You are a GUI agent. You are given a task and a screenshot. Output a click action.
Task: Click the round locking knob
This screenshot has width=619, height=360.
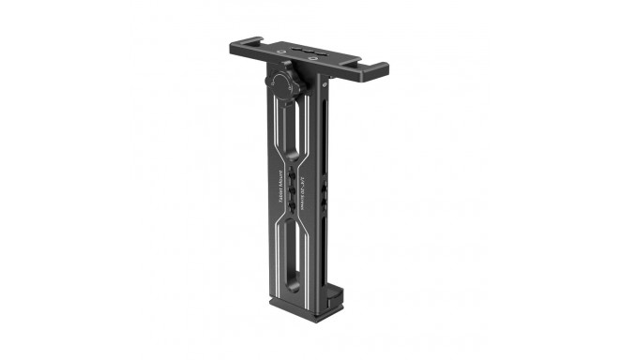(x=285, y=82)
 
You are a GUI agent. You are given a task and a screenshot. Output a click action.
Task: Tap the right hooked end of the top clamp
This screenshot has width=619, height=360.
(x=376, y=70)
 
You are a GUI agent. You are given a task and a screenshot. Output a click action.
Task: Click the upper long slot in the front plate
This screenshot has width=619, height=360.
(x=291, y=131)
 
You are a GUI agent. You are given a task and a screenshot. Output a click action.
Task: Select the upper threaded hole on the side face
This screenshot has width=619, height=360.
(x=325, y=188)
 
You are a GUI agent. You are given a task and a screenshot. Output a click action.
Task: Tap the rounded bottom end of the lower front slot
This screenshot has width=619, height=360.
(x=288, y=281)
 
